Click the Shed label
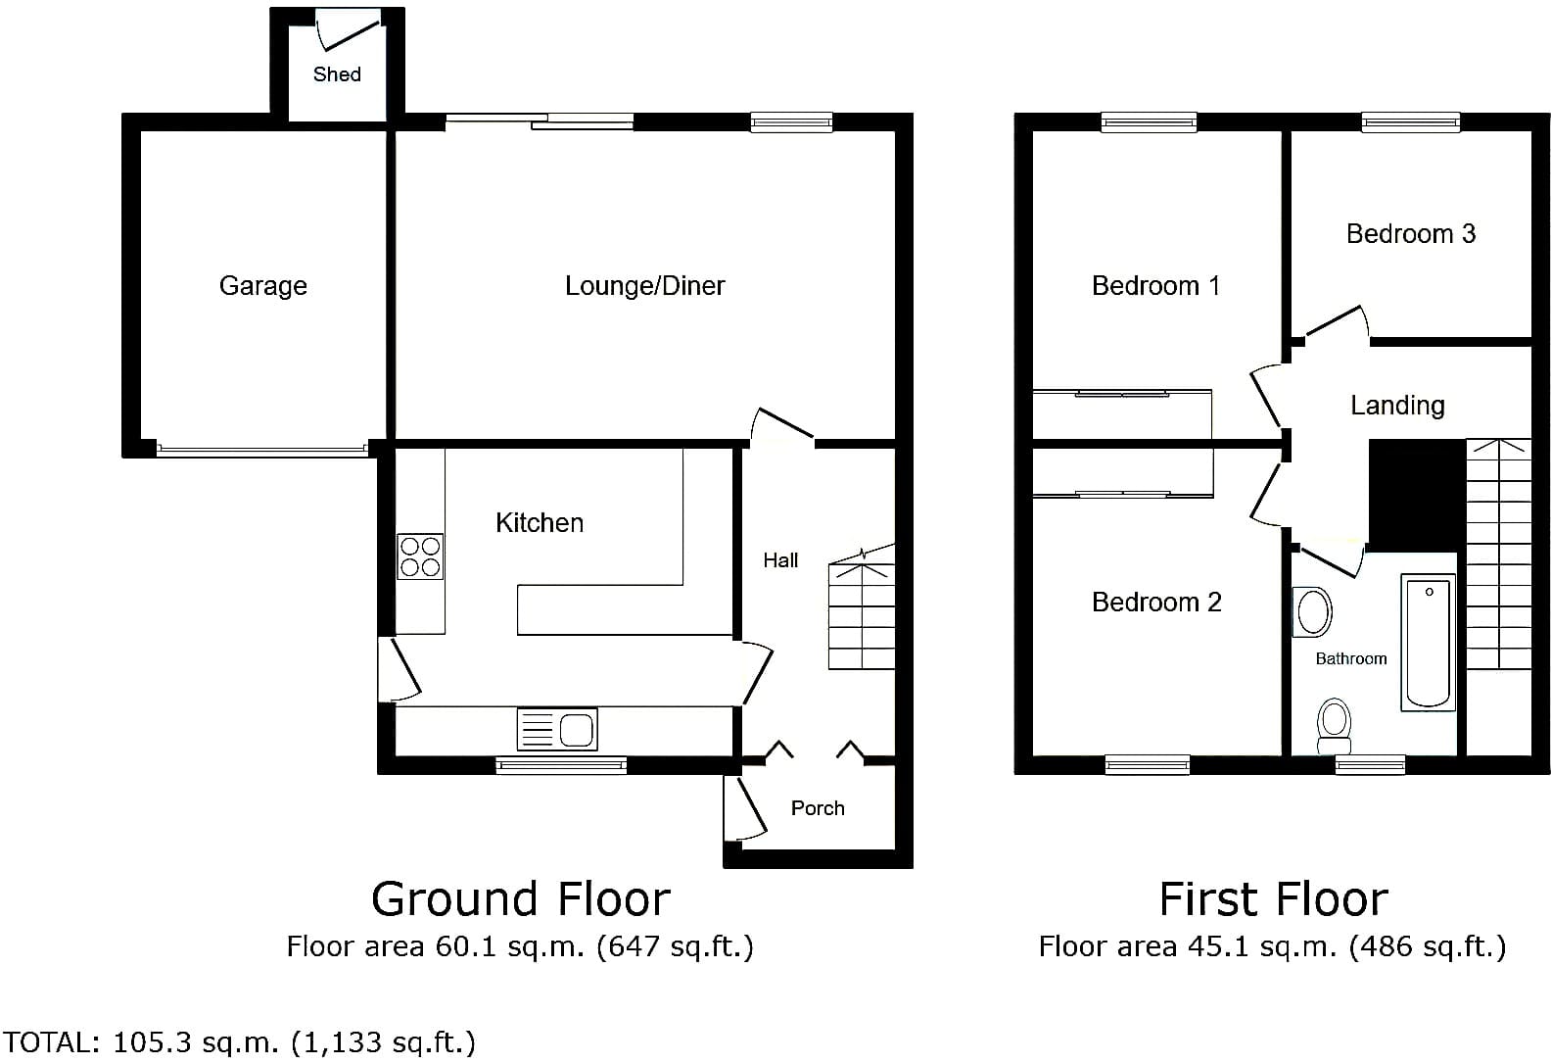coord(337,74)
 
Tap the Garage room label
coord(263,285)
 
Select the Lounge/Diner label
coord(644,285)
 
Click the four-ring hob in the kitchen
coord(420,556)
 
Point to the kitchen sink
coord(557,729)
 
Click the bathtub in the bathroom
coord(1429,642)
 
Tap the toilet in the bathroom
coord(1335,726)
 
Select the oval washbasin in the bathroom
coord(1313,611)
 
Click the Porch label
coord(818,808)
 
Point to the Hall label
coord(780,559)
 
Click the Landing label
coord(1397,406)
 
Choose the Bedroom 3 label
coord(1410,234)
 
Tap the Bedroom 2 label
coord(1156,602)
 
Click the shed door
coord(350,36)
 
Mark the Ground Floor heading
coord(521,899)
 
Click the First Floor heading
coord(1273,899)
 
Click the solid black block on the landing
coord(1418,496)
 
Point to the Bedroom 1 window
coord(1150,123)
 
